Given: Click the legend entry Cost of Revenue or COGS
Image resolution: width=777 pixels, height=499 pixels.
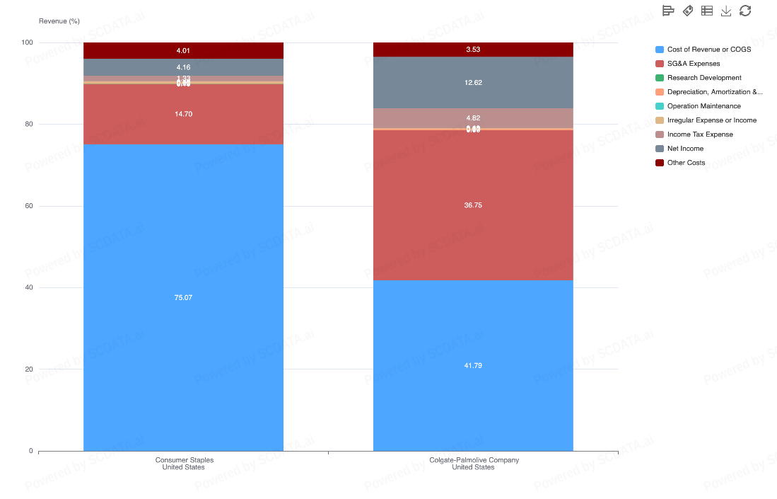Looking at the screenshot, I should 708,50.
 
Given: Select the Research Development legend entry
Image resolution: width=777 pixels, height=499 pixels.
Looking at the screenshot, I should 703,78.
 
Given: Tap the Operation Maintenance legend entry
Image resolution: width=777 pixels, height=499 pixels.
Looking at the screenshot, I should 703,106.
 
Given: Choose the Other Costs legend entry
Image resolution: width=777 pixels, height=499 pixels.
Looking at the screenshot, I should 686,163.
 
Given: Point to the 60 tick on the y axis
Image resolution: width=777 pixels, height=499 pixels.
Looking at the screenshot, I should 28,206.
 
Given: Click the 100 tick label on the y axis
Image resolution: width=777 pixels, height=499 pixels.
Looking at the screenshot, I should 27,42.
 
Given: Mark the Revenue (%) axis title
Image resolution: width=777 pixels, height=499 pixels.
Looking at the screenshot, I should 59,21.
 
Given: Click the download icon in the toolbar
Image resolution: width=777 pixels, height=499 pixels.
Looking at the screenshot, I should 726,11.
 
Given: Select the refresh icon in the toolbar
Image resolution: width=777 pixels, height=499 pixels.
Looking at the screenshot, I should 745,11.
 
